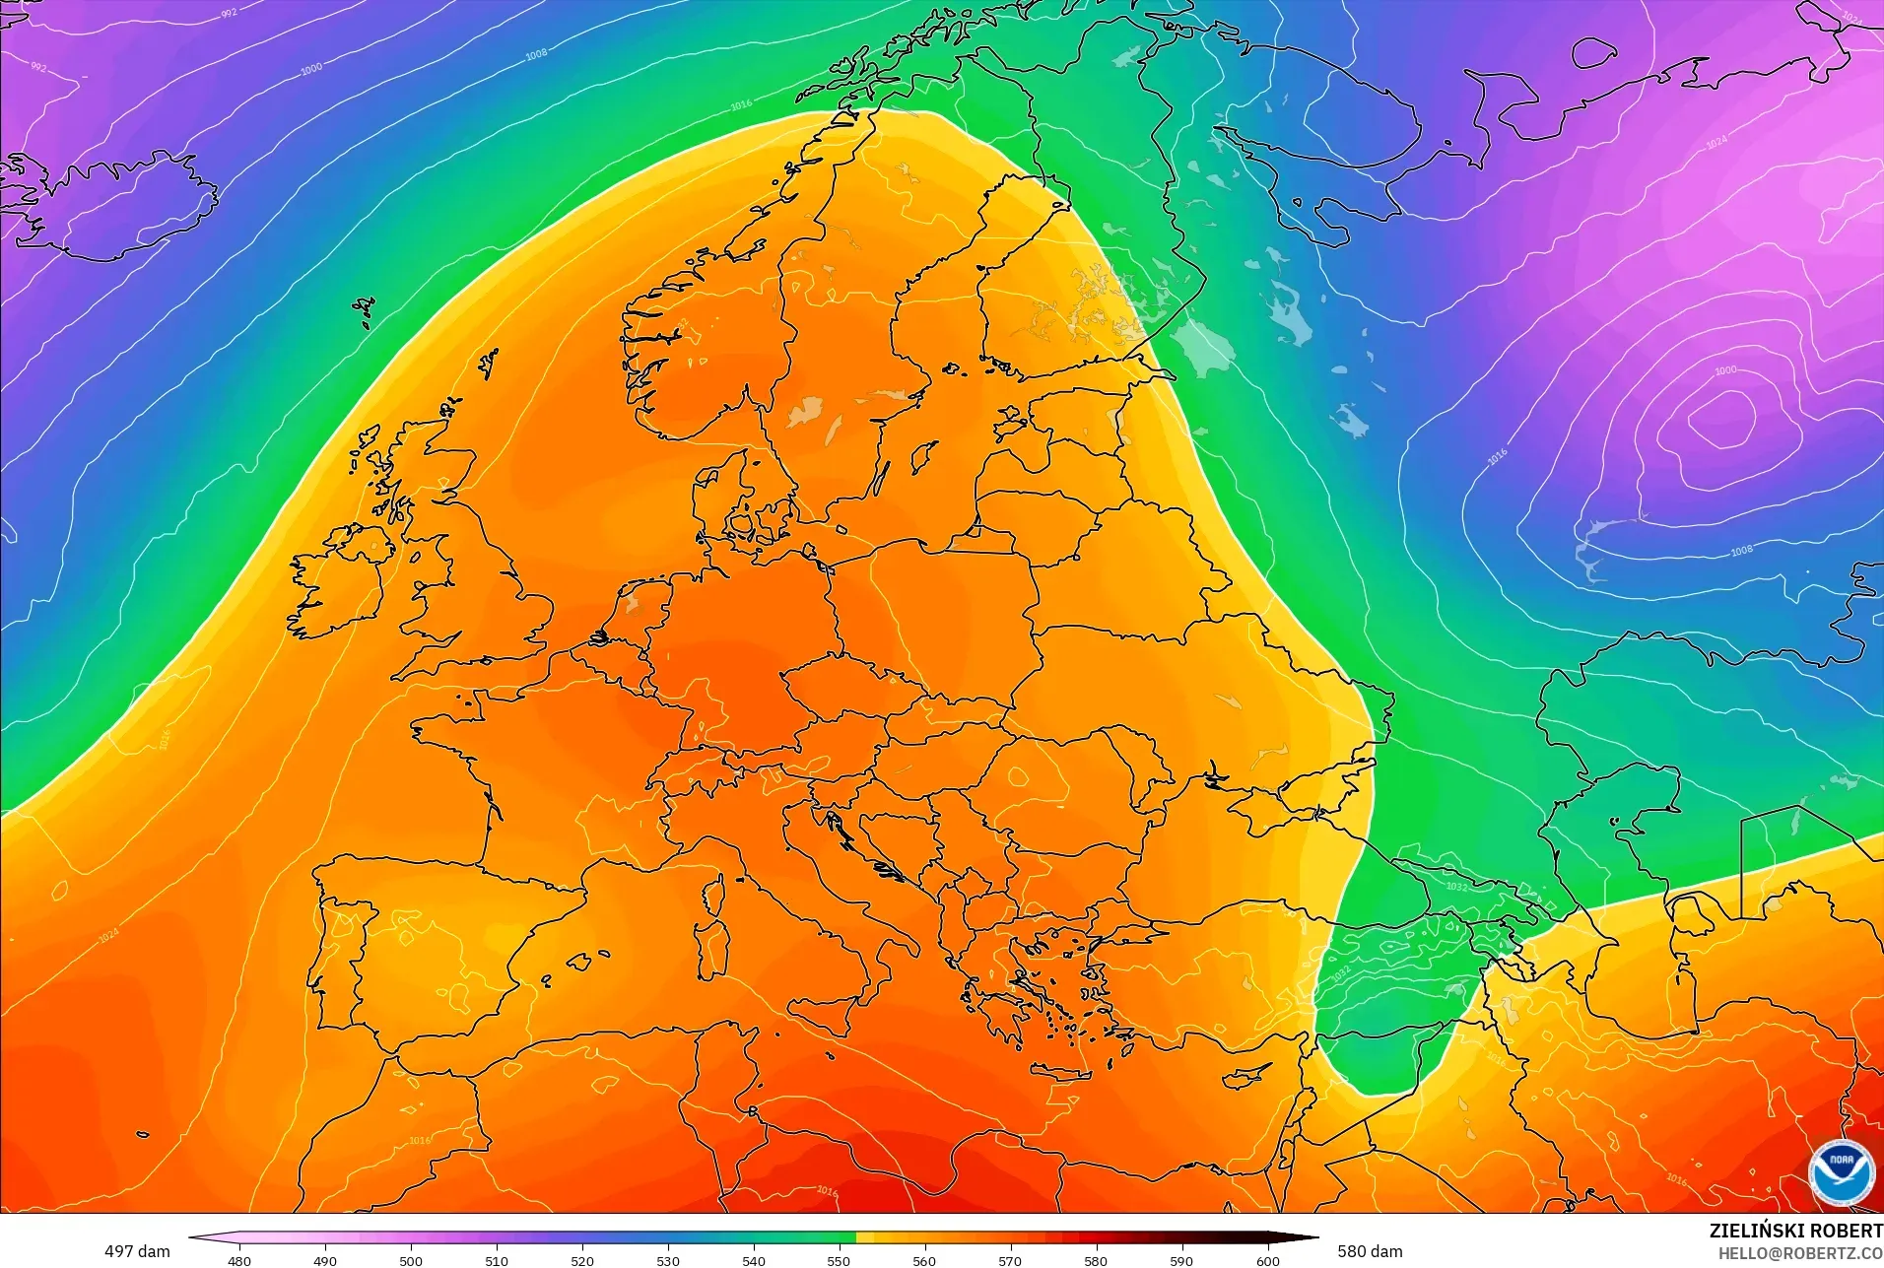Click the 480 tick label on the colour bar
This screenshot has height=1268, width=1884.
239,1260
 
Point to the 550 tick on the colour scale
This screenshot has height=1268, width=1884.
839,1260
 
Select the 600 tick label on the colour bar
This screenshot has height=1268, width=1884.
1267,1260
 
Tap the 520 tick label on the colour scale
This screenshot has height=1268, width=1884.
582,1260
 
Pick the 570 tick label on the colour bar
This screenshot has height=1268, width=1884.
1010,1260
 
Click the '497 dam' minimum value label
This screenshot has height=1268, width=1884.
137,1251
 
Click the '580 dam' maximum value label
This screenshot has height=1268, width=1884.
1370,1251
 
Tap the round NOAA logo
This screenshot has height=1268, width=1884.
1841,1172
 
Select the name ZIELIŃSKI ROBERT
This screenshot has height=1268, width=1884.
1795,1231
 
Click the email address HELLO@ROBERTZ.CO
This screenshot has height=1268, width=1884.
1800,1253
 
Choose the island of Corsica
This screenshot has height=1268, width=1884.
715,892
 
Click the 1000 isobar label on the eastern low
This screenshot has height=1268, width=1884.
1725,371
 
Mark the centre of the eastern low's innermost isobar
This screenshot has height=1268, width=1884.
1723,418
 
